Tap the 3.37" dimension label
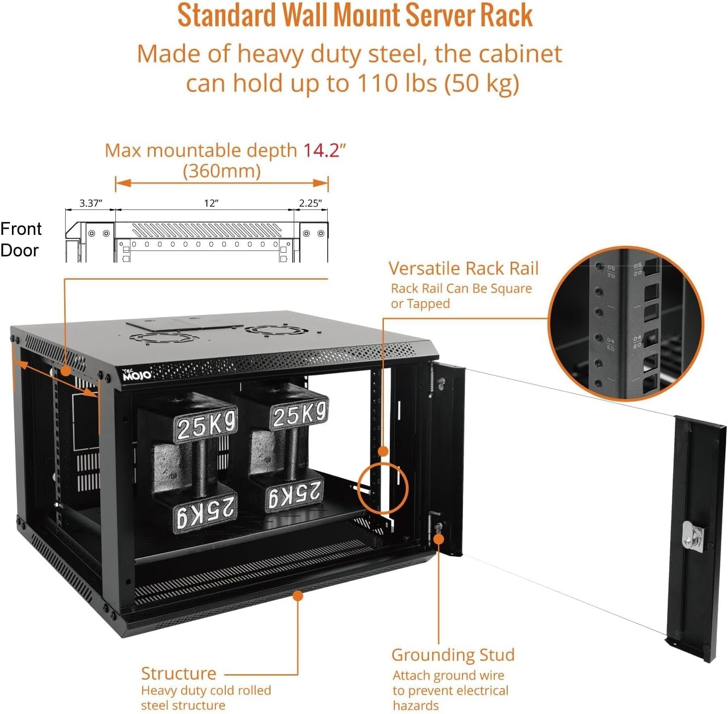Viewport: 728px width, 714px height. click(x=91, y=203)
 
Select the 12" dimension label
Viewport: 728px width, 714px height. click(x=211, y=203)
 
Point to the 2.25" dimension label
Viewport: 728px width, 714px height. click(x=310, y=203)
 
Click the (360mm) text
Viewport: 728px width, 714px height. click(x=222, y=171)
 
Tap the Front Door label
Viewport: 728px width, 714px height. click(x=21, y=239)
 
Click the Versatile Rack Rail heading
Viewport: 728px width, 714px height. click(x=463, y=269)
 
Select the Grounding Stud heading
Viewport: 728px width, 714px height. click(x=453, y=655)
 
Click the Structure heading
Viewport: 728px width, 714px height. click(x=179, y=674)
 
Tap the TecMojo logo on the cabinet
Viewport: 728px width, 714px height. click(x=136, y=375)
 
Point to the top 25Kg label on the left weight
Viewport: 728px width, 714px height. click(x=206, y=425)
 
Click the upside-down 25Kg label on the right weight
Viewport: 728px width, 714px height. click(x=294, y=494)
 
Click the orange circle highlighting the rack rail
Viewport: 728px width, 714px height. click(x=382, y=488)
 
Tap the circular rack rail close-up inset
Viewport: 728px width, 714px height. click(x=626, y=323)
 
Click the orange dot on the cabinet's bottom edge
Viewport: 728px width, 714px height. click(x=298, y=596)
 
